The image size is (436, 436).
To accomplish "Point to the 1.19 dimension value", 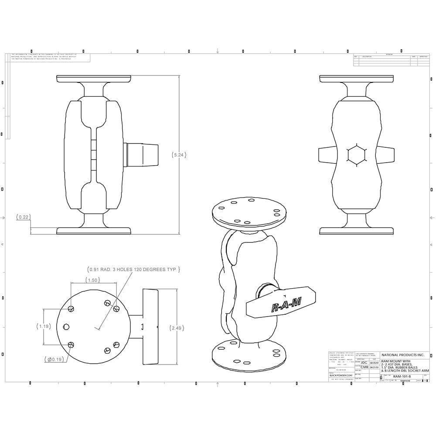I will tap(43, 326).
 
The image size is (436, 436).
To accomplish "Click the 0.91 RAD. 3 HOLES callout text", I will tap(132, 269).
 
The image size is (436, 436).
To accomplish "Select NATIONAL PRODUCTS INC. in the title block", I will tap(402, 355).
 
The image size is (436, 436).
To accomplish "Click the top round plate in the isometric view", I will tap(246, 211).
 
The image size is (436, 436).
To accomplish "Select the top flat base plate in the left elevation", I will tap(93, 78).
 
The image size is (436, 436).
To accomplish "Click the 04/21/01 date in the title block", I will tap(374, 367).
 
